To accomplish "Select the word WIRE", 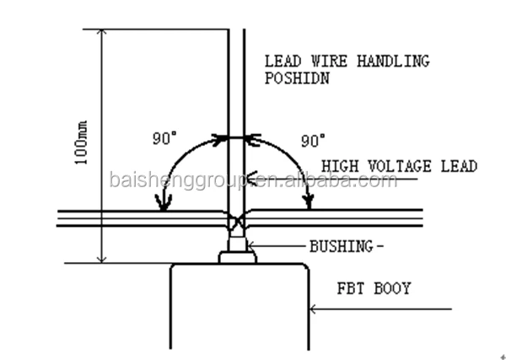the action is [323, 62].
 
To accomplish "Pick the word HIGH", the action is [339, 167].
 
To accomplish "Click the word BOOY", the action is [395, 289].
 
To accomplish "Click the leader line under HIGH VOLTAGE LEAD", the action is [354, 180].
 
